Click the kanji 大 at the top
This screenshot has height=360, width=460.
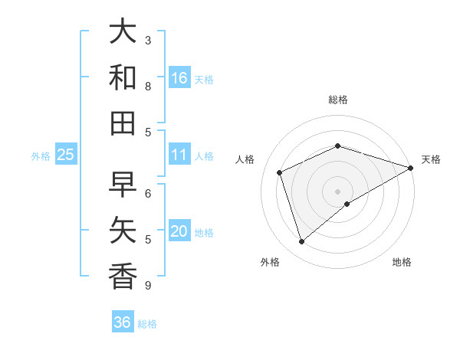pos(123,32)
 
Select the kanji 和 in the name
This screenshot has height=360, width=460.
pos(123,77)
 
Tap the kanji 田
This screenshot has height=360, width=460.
pos(123,123)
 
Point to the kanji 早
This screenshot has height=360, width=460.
pos(123,185)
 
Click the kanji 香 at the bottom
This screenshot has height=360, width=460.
pos(123,276)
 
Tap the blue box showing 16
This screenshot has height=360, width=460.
pos(179,78)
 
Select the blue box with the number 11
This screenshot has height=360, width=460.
pos(179,155)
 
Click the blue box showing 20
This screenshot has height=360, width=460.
pos(179,231)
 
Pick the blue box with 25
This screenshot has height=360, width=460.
pos(66,155)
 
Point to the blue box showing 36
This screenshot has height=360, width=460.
pos(123,322)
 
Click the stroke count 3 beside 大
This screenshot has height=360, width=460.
pos(148,40)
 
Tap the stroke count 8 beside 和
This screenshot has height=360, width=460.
pos(148,87)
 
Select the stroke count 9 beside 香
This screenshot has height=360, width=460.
pos(148,286)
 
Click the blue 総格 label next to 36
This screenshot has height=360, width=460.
pos(147,324)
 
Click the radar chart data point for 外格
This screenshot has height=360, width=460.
pos(301,242)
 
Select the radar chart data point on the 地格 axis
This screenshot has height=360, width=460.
pos(347,204)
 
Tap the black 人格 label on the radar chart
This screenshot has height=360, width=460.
pos(245,159)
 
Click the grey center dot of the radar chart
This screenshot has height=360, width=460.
pos(337,191)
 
